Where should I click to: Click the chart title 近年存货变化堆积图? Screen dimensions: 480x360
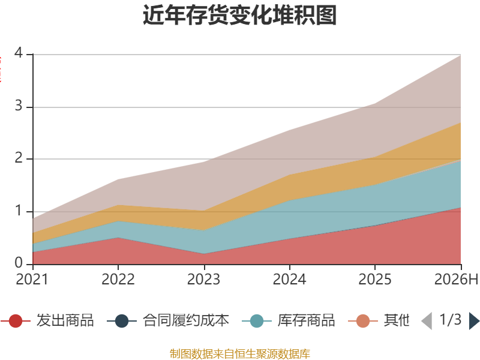coord(239,15)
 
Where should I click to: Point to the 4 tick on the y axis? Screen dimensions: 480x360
coord(19,53)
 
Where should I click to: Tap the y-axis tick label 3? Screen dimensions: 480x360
coord(19,106)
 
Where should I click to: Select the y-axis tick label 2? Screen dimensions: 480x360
coord(19,158)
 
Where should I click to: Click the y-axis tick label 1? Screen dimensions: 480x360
coord(19,211)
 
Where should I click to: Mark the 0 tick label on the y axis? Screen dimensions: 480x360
coord(19,263)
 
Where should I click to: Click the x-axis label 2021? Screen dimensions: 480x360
coord(32,279)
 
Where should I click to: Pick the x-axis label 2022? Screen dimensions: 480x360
coord(118,279)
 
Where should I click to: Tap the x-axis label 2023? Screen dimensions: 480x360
coord(203,279)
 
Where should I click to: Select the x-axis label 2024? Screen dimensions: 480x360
coord(289,279)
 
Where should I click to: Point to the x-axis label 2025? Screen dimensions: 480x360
coord(374,279)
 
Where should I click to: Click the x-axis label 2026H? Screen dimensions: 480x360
coord(456,279)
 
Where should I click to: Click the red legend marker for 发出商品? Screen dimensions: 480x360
coord(16,321)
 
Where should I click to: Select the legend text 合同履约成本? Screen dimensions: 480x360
coord(186,320)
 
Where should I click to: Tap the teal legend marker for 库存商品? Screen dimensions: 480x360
coord(257,321)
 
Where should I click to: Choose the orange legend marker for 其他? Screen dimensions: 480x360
coord(363,321)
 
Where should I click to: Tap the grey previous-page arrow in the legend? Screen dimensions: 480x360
coord(427,321)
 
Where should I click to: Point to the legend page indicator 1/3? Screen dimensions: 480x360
coord(451,320)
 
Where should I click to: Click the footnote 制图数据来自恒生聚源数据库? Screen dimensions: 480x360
coord(240,354)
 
